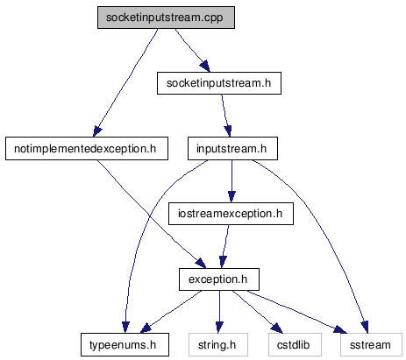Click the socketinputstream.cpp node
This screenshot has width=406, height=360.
(x=166, y=18)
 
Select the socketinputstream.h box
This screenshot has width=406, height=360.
(x=219, y=83)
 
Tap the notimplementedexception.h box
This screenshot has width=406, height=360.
(x=87, y=149)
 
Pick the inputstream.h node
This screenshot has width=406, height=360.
(x=232, y=149)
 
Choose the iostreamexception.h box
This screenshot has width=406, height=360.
(x=231, y=214)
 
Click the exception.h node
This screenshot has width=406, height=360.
(x=219, y=279)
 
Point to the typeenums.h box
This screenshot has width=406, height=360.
(x=125, y=345)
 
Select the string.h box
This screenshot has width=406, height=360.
(x=218, y=345)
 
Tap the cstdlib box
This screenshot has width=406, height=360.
(x=295, y=345)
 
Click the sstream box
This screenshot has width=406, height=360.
(x=371, y=345)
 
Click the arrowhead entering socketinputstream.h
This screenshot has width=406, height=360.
(x=205, y=67)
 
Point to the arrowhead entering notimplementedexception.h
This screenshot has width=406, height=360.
(x=97, y=131)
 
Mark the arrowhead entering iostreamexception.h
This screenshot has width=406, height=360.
(x=231, y=197)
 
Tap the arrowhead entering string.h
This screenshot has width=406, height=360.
(x=219, y=328)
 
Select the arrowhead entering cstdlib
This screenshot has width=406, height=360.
(x=277, y=328)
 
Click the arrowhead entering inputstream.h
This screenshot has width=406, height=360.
(x=228, y=131)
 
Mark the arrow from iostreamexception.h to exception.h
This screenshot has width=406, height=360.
(x=225, y=247)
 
